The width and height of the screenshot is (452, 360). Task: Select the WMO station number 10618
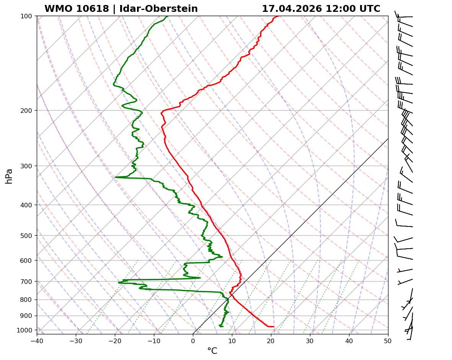[x=77, y=9]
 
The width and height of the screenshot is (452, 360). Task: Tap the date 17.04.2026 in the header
[x=292, y=9]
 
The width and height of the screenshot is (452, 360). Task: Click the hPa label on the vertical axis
[x=9, y=176]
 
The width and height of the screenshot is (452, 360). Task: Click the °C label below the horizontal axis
[x=212, y=351]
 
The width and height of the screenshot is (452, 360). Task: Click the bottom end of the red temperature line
[x=273, y=326]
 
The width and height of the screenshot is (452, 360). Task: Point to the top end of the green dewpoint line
[x=167, y=16]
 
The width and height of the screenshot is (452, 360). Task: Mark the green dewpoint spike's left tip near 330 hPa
[x=115, y=177]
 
